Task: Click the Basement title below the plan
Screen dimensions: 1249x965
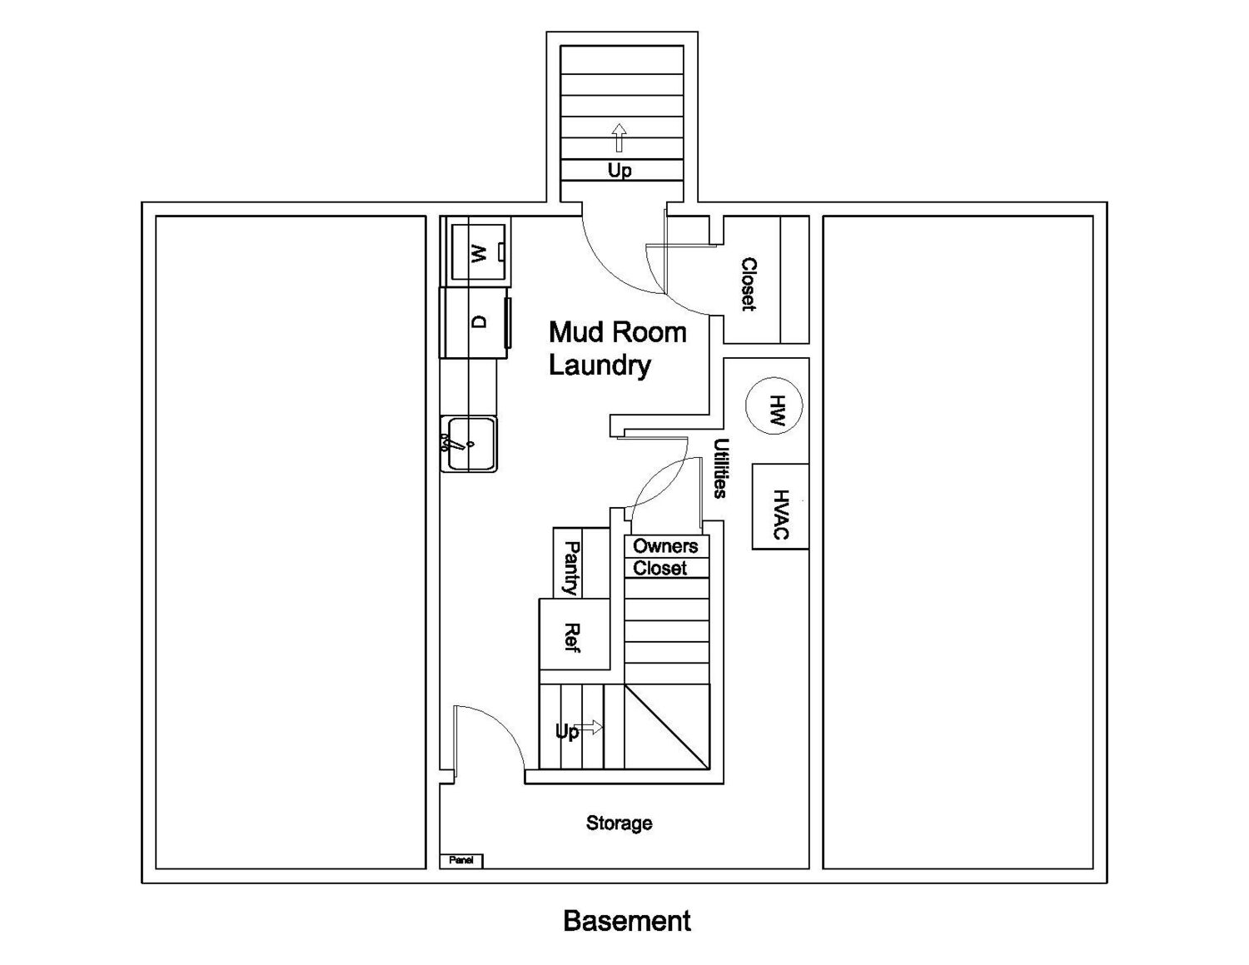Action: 626,921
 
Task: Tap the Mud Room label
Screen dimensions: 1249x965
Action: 618,332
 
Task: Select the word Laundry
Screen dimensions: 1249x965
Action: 600,366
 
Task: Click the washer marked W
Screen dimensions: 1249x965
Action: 478,252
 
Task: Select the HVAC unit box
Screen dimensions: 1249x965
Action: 780,506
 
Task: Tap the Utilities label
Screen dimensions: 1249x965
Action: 721,468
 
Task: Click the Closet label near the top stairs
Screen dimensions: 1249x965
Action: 749,285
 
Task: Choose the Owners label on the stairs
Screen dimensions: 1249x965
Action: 665,546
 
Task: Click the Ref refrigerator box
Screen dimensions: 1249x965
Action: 575,634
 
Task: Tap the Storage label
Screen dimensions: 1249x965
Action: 619,823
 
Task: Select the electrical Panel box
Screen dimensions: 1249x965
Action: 461,860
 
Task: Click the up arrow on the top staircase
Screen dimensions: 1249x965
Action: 619,137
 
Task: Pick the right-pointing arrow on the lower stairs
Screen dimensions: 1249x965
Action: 590,728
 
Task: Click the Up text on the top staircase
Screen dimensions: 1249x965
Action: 620,170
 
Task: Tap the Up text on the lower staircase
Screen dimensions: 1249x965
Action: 567,732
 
